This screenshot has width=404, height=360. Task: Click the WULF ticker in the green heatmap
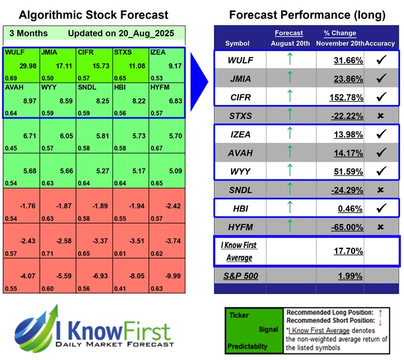point(13,51)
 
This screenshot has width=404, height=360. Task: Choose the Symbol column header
point(238,43)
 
